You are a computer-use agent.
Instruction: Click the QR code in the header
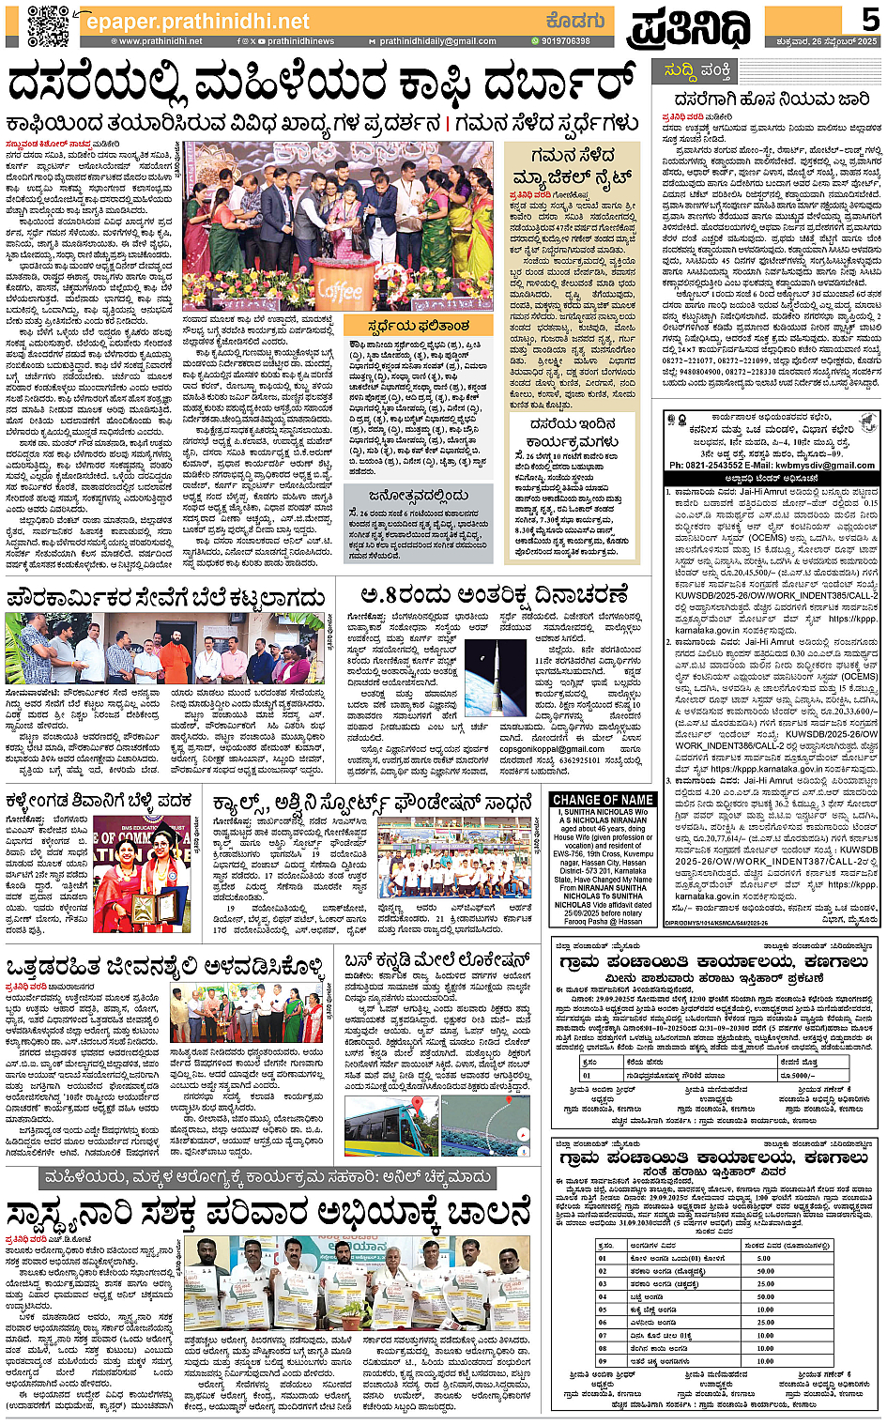47,24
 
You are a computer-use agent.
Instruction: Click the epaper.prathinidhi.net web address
197,21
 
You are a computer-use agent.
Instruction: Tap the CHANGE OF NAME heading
604,800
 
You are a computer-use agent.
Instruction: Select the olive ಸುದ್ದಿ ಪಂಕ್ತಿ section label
697,71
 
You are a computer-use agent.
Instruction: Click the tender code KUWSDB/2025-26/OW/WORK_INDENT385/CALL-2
776,594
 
